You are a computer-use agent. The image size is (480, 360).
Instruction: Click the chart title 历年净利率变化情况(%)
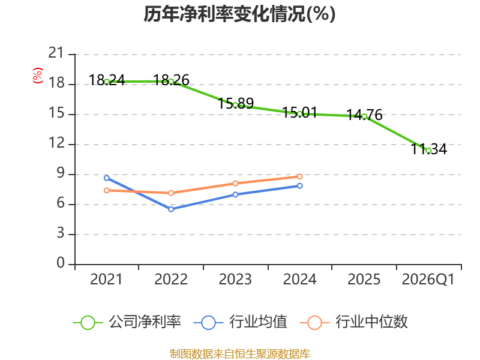point(239,14)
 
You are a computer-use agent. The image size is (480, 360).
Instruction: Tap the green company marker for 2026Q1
point(428,151)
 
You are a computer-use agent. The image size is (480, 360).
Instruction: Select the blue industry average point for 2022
point(171,209)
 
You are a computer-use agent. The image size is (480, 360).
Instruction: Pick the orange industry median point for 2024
point(299,176)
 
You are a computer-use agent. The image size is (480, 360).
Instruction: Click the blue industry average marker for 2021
point(107,178)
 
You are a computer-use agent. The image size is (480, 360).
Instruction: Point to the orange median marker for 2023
point(235,184)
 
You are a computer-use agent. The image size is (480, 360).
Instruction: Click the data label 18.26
point(171,80)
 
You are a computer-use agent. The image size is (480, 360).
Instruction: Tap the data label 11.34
point(428,149)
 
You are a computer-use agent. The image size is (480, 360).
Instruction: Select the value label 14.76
point(364,115)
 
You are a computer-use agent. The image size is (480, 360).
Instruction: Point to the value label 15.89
point(236,103)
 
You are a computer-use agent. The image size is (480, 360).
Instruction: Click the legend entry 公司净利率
point(127,322)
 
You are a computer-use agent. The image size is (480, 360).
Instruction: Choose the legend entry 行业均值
point(241,322)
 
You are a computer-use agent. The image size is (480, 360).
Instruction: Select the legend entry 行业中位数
point(353,322)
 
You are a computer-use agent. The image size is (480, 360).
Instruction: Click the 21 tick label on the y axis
point(56,53)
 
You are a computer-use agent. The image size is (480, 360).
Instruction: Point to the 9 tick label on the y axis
point(61,173)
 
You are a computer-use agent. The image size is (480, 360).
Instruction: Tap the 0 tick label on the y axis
point(61,263)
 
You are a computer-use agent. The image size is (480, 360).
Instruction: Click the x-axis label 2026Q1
point(428,280)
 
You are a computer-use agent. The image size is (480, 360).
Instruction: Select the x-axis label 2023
point(235,280)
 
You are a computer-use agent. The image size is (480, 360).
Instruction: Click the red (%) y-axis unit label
point(38,76)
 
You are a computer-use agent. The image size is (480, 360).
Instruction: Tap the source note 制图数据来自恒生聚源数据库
point(240,354)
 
